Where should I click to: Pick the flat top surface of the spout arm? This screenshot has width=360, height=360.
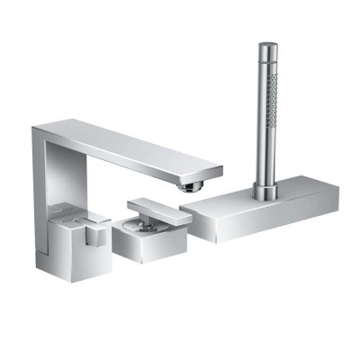pyautogui.click(x=126, y=144)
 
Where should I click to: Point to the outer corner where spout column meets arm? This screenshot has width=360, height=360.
pyautogui.click(x=34, y=129)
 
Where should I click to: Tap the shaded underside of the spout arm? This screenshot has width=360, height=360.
pyautogui.click(x=135, y=166)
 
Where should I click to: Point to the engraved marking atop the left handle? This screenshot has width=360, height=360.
pyautogui.click(x=72, y=215)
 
